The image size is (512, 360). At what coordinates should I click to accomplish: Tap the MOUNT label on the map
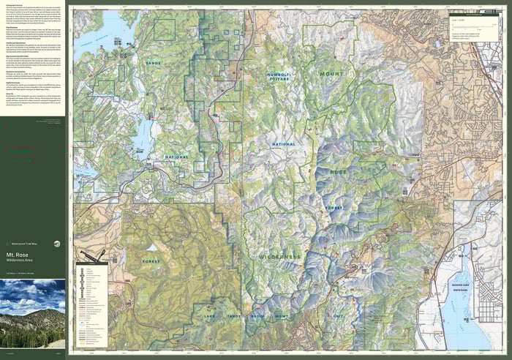331,74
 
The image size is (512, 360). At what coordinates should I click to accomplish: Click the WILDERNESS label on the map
279,258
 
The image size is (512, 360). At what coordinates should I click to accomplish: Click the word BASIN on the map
257,316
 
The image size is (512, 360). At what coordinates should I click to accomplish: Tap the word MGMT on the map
282,316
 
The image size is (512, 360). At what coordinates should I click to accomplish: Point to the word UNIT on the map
338,315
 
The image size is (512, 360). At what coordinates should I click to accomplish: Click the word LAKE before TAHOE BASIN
211,316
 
